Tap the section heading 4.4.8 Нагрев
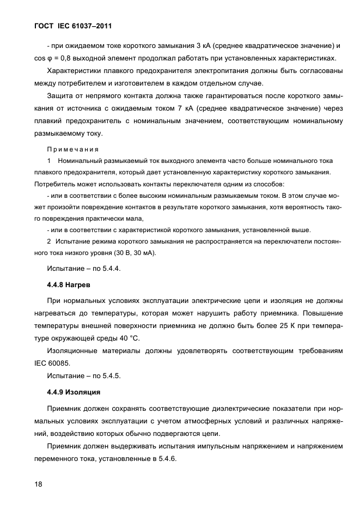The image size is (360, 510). (69, 284)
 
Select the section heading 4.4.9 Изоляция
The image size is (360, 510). (75, 392)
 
